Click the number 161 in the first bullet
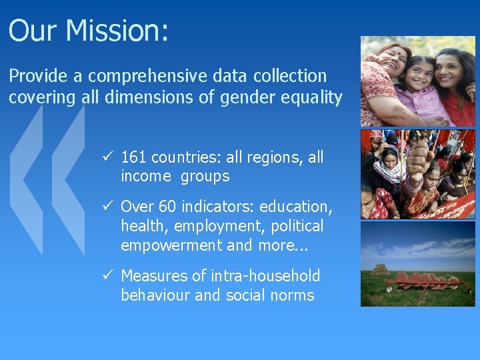tap(134, 158)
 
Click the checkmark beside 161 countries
tap(107, 158)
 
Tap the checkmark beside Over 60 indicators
tap(107, 206)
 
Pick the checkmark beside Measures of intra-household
tap(107, 276)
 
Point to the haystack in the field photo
tap(380, 270)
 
